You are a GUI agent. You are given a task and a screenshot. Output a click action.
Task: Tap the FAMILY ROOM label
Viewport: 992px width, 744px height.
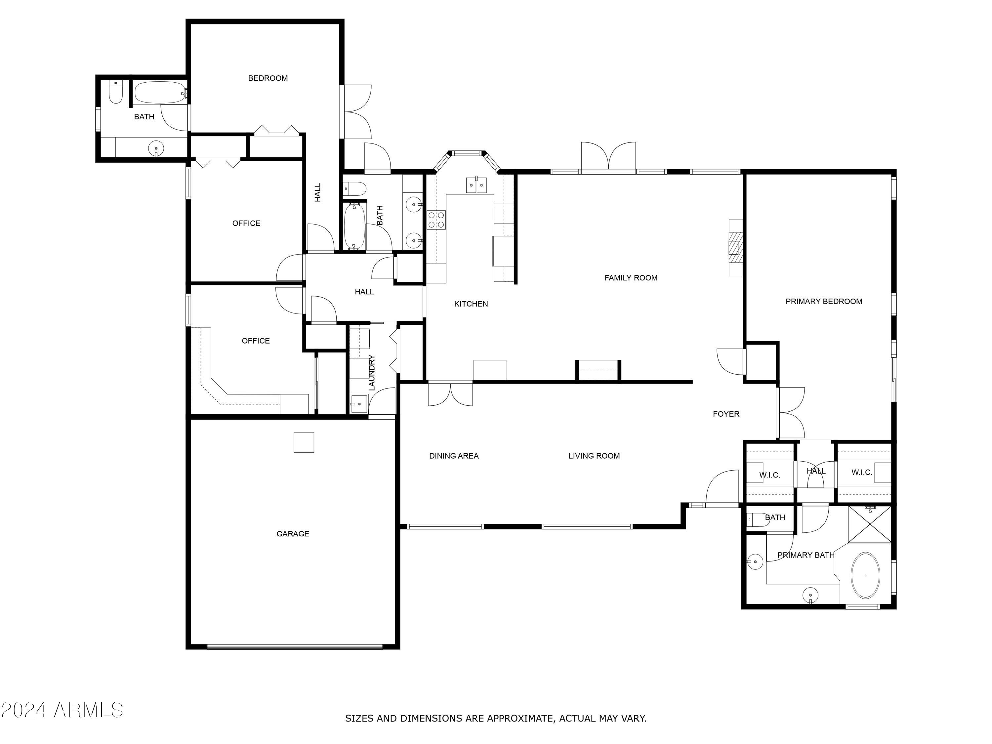(x=631, y=278)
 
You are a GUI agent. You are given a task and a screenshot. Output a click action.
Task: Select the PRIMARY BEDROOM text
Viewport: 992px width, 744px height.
(x=823, y=301)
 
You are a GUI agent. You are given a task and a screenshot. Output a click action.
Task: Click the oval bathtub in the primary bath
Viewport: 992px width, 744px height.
(x=865, y=575)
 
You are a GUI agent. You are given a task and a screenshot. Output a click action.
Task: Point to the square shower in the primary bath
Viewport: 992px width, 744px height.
(x=870, y=524)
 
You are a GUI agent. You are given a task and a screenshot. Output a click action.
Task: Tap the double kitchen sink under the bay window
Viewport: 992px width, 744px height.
(x=476, y=185)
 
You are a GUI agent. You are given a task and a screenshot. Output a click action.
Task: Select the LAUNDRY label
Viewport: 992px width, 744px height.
(x=372, y=372)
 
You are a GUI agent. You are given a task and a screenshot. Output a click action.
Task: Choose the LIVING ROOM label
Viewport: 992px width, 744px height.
(x=594, y=456)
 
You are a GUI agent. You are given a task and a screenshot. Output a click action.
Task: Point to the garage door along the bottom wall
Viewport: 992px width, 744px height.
(x=295, y=647)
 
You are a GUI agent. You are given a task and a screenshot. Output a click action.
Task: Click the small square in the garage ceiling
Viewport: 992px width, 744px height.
(x=304, y=442)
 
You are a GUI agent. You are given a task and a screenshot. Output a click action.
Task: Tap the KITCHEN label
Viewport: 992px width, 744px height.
(x=471, y=304)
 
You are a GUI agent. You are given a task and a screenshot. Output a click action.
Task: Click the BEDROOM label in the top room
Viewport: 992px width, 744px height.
(x=268, y=78)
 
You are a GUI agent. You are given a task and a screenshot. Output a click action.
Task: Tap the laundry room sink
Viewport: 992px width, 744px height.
(x=359, y=404)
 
